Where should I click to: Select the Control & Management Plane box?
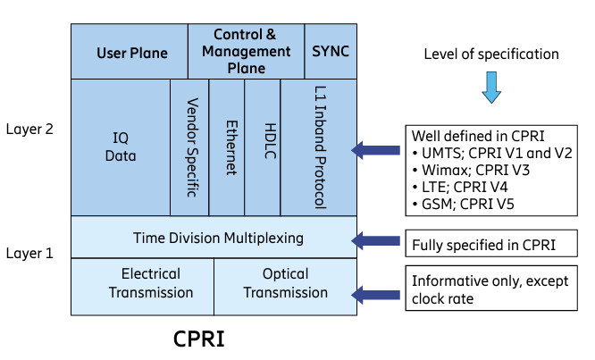[x=246, y=51]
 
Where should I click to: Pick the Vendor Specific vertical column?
[x=189, y=147]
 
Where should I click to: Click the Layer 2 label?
[x=29, y=129]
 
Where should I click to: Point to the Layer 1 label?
[x=29, y=253]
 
